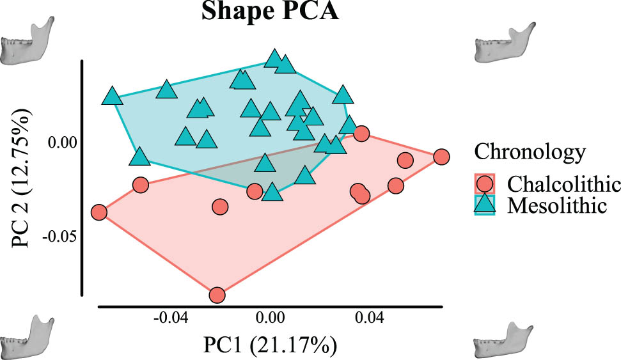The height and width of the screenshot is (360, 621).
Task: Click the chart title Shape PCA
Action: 271,12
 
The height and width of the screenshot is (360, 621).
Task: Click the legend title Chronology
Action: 530,152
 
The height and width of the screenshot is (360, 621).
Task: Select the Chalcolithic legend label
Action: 563,184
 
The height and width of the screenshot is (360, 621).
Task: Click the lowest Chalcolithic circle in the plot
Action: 217,295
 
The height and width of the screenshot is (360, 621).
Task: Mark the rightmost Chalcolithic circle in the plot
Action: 441,157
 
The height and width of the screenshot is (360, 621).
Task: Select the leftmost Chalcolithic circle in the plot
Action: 98,212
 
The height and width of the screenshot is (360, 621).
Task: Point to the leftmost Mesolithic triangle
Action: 112,97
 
